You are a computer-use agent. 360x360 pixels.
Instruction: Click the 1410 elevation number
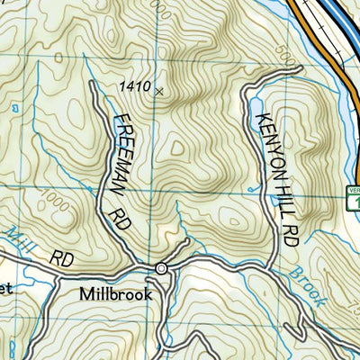coord(134,86)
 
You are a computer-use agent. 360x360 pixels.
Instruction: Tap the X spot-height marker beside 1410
coord(159,91)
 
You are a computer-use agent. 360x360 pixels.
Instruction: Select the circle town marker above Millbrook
coord(161,268)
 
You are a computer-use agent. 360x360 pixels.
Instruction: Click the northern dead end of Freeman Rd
coord(93,82)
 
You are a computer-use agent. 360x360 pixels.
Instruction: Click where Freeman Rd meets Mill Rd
coord(136,264)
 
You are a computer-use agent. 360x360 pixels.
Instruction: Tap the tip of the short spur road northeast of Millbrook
coord(189,242)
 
